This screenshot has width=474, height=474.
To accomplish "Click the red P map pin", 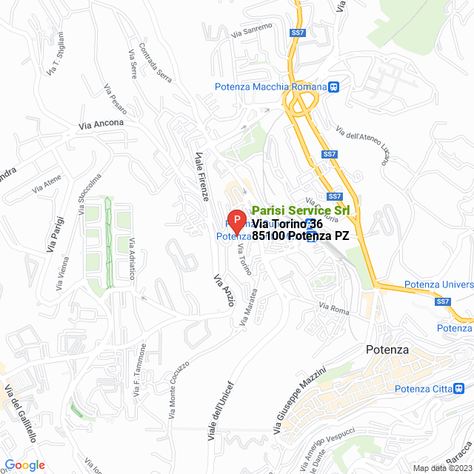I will tap(236, 221).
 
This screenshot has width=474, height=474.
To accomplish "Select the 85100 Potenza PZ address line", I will tap(300, 236).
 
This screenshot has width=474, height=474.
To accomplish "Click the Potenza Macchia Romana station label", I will tap(270, 87).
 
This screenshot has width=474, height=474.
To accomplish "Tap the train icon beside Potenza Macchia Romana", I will tap(335, 87).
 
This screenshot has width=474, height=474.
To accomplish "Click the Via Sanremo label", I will tap(252, 30).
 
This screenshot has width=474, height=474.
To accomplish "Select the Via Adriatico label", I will tap(133, 259).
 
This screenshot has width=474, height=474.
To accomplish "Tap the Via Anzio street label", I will tap(224, 290).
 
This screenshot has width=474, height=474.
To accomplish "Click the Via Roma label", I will tap(333, 307).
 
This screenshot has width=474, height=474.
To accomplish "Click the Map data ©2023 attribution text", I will tap(441, 468).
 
